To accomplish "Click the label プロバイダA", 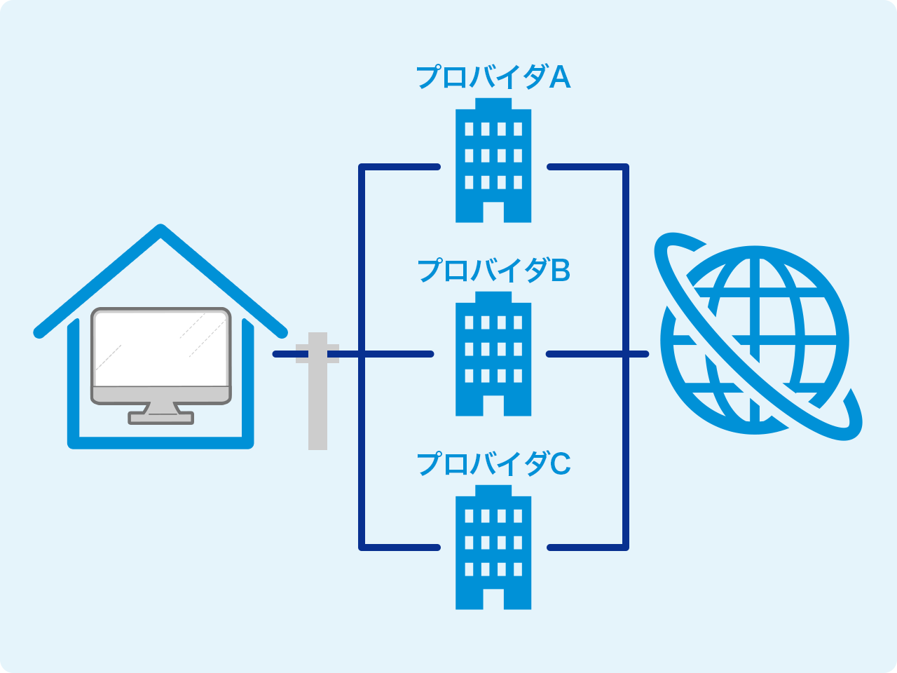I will pyautogui.click(x=493, y=77).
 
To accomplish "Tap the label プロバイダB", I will pyautogui.click(x=493, y=270).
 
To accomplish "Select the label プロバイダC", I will pyautogui.click(x=493, y=463).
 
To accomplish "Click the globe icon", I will pyautogui.click(x=755, y=340).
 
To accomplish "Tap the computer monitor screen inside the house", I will pyautogui.click(x=160, y=348).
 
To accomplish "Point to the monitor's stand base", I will pyautogui.click(x=160, y=418).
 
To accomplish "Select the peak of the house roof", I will pyautogui.click(x=161, y=230).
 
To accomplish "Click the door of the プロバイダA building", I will pyautogui.click(x=493, y=212).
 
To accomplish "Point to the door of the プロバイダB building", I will pyautogui.click(x=493, y=405).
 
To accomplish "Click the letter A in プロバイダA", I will pyautogui.click(x=560, y=77).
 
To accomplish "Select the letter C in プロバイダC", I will pyautogui.click(x=561, y=463).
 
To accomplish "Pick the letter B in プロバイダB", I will pyautogui.click(x=561, y=270).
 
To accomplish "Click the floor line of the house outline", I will pyautogui.click(x=160, y=443).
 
